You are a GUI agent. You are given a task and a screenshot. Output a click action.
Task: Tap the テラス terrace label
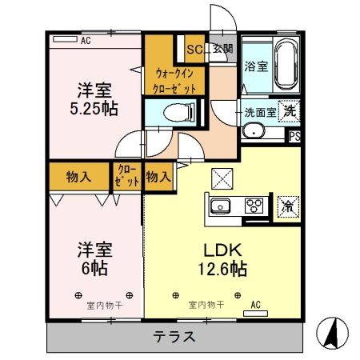[x=174, y=337]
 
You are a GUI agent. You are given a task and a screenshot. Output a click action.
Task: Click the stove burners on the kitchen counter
[x=254, y=206]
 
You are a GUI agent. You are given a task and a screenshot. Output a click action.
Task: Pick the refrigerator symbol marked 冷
[x=286, y=206]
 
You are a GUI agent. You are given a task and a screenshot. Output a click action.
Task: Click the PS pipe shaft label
[x=294, y=136]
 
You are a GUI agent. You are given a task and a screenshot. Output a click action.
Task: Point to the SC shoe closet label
[x=194, y=50]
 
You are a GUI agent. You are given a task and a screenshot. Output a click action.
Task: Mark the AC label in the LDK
[x=256, y=305]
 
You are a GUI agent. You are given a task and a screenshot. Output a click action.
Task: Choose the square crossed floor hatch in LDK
[x=221, y=178]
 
